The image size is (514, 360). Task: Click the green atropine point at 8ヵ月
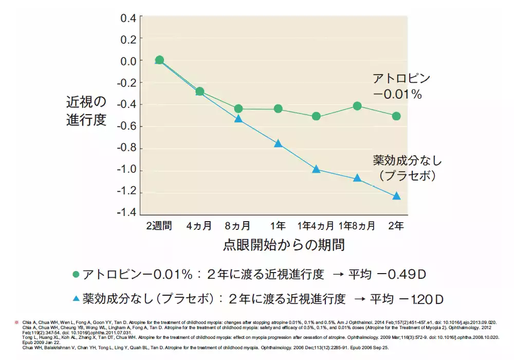[238, 109]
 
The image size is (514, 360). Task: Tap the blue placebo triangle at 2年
[396, 196]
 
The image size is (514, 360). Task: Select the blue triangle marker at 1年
[278, 143]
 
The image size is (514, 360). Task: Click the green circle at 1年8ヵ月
[357, 106]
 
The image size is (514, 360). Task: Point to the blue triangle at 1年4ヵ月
[316, 169]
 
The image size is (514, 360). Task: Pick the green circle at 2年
[396, 116]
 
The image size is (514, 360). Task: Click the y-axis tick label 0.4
[128, 18]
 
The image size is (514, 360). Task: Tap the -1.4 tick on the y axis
[127, 212]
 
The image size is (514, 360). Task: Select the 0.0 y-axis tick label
[128, 61]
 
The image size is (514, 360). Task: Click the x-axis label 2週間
[159, 226]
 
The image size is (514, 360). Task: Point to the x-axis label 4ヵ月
[198, 226]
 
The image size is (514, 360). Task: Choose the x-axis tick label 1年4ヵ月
[316, 226]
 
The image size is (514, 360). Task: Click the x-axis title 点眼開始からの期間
[284, 245]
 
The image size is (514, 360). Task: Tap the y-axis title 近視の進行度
[86, 111]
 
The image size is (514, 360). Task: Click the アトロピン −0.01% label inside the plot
[400, 86]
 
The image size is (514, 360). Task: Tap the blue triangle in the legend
[76, 298]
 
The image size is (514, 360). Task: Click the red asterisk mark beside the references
[16, 322]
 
